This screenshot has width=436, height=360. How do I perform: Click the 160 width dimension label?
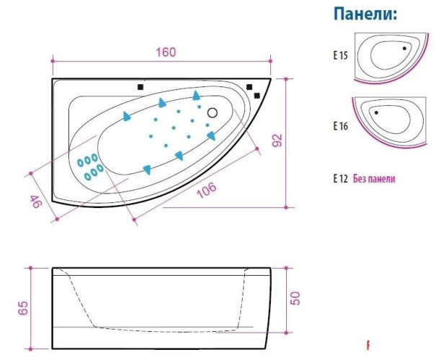(166, 53)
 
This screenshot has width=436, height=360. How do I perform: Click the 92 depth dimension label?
(277, 140)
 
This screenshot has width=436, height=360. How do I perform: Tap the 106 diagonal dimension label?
(206, 190)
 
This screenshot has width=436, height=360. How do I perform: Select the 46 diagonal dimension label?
(36, 202)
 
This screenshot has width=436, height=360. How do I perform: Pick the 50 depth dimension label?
(295, 298)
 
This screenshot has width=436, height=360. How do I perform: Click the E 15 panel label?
(341, 55)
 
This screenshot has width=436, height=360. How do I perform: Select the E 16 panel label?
(341, 126)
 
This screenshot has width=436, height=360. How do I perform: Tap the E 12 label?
(341, 179)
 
